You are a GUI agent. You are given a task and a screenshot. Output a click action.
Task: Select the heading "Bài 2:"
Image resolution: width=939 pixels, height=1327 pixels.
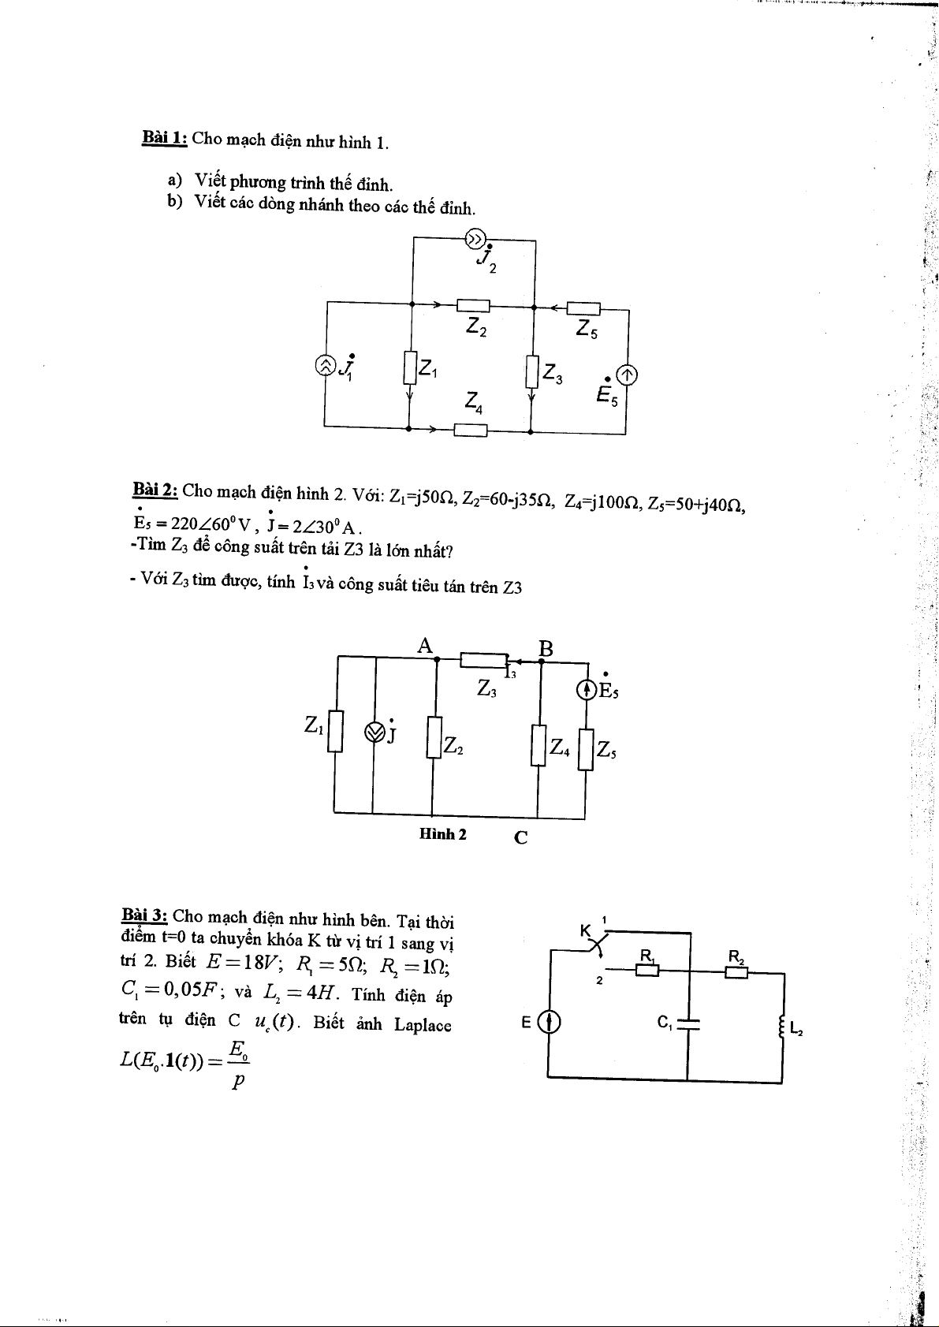[x=156, y=490]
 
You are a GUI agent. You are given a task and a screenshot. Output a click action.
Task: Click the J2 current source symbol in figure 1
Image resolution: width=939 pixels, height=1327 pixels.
[x=475, y=238]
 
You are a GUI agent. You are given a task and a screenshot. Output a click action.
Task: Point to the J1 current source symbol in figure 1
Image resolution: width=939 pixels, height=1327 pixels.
[x=325, y=365]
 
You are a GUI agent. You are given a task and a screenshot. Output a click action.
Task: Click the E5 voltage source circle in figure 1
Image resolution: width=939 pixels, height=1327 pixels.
[x=628, y=376]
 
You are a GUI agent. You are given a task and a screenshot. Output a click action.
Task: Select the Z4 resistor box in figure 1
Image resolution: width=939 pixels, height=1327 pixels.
[x=471, y=430]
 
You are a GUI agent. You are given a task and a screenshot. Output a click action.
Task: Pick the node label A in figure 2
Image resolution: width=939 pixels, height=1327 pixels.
[x=426, y=647]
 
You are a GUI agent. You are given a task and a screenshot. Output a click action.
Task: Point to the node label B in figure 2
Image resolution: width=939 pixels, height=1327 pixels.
[x=546, y=649]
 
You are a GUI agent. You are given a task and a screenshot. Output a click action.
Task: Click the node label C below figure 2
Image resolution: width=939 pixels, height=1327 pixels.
[x=520, y=837]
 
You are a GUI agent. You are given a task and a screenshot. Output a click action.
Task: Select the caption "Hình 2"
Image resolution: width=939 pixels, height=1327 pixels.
[x=443, y=833]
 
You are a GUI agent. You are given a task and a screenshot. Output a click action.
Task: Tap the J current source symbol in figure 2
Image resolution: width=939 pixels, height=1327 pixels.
[x=374, y=732]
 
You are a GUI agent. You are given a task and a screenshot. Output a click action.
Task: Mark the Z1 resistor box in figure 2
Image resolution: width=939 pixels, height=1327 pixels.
[x=336, y=732]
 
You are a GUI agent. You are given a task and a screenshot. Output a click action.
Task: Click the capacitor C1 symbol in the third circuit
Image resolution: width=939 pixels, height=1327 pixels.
[x=688, y=1023]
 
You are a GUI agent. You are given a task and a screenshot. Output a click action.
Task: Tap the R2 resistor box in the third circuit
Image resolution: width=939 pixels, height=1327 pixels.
[x=736, y=971]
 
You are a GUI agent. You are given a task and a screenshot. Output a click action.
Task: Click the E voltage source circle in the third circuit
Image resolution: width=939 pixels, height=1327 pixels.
[x=549, y=1023]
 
